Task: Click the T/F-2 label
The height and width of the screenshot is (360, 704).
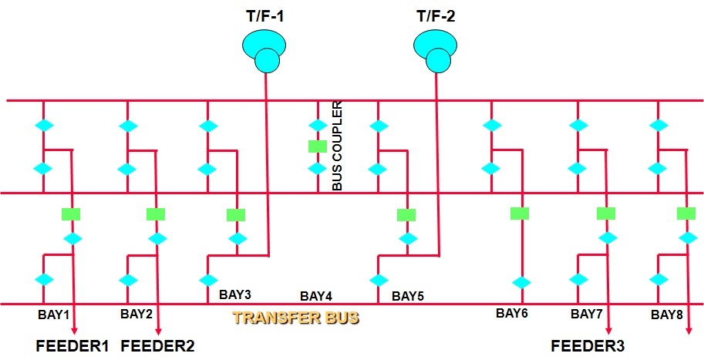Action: pos(436,14)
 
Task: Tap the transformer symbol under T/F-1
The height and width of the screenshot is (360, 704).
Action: pos(263,50)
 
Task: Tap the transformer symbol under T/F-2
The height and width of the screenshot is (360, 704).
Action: pos(435,50)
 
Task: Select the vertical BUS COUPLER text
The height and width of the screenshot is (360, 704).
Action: pos(337,146)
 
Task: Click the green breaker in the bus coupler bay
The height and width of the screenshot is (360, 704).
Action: pos(317,146)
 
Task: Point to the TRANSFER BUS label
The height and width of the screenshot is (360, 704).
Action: pos(295,318)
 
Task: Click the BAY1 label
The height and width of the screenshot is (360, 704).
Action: pos(54,315)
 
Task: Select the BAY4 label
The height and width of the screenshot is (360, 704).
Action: pos(316,296)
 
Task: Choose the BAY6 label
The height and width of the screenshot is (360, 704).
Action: pos(512,313)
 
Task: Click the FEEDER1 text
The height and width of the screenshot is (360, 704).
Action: pos(72,345)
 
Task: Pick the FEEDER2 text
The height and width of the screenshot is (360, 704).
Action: pos(157,345)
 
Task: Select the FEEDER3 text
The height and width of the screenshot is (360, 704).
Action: pos(587,345)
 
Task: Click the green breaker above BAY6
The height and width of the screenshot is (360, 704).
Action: pos(520,214)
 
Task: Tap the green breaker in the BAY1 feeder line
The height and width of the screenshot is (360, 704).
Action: pos(71,214)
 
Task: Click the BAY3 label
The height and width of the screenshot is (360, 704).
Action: pos(235,294)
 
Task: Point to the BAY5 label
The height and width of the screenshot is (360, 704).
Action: pos(407,295)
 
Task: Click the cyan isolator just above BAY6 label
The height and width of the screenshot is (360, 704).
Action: pos(520,282)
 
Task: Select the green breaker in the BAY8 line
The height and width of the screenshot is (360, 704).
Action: pos(686,214)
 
